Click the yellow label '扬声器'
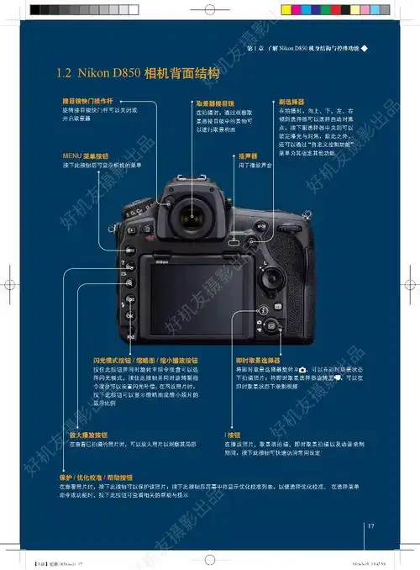click(247, 156)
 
